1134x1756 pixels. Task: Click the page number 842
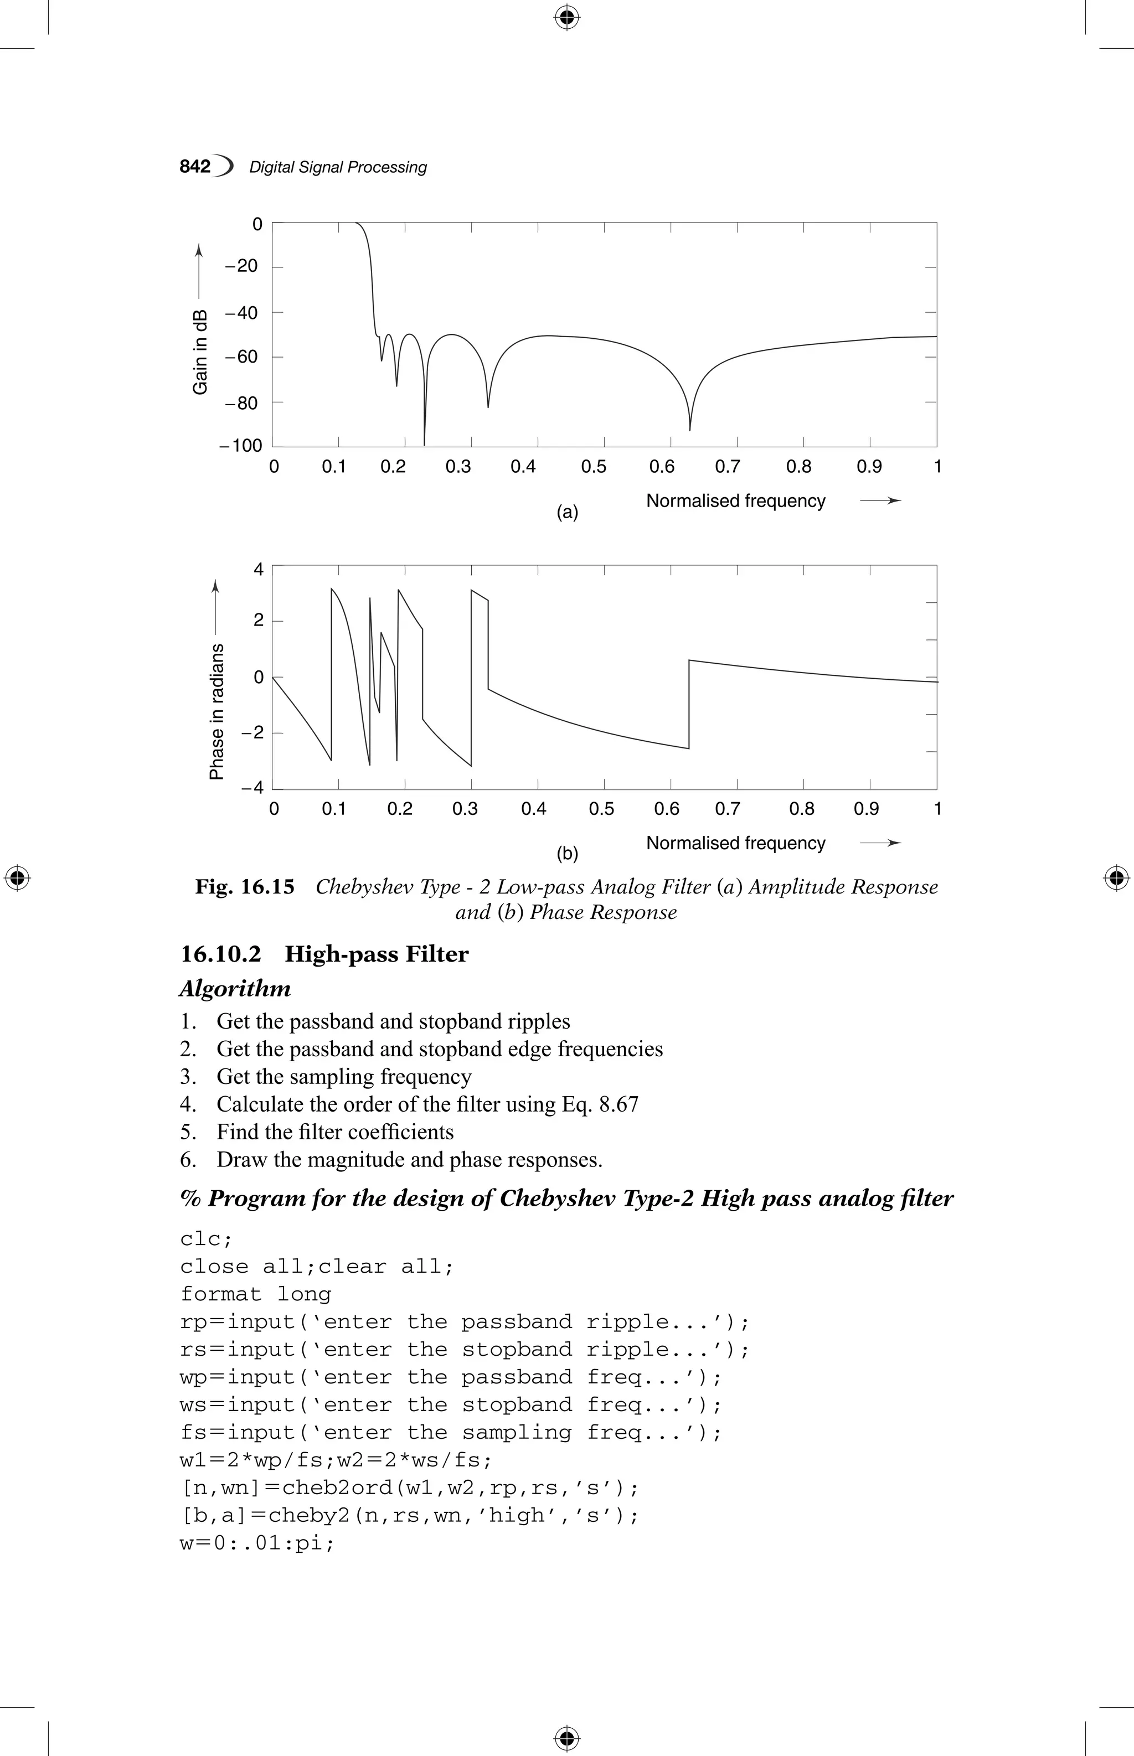(x=195, y=167)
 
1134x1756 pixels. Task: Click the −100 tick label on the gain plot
(x=241, y=446)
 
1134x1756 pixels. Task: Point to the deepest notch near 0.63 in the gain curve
(x=689, y=428)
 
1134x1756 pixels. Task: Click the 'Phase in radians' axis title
(x=217, y=711)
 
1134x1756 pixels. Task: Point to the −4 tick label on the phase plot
(x=252, y=788)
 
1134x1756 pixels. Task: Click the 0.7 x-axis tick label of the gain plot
(x=728, y=467)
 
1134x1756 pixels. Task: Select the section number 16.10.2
(x=221, y=954)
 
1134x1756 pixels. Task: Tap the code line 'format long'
(x=255, y=1294)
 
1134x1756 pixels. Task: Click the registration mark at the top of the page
(x=566, y=17)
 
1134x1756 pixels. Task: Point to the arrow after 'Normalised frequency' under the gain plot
(x=881, y=500)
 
